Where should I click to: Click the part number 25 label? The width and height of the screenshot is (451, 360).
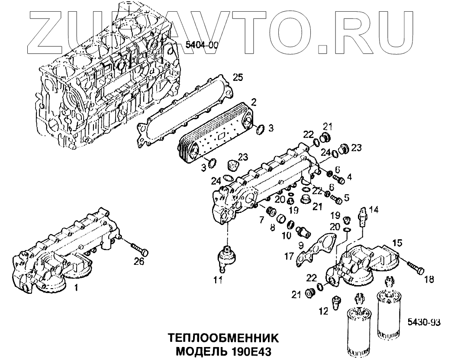pos(238,78)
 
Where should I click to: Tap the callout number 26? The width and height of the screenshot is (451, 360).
pos(138,261)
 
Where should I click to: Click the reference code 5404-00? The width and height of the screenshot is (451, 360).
pos(202,45)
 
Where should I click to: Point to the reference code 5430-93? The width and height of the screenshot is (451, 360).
pos(424,322)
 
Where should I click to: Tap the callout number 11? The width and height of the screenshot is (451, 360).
pos(217,280)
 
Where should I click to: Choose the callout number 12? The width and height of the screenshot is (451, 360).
pos(322,310)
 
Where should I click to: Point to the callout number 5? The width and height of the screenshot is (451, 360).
pos(346,199)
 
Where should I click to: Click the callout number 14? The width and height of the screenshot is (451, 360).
pos(374,210)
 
